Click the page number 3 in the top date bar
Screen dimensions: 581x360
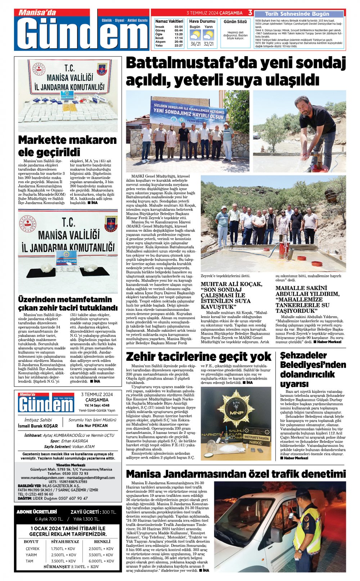click(250, 13)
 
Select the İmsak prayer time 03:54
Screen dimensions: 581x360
click(179, 27)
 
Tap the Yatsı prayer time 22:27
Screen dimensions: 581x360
click(179, 46)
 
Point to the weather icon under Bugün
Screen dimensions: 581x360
click(195, 35)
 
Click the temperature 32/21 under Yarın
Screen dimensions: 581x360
click(208, 44)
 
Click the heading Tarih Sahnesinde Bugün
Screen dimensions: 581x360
click(297, 14)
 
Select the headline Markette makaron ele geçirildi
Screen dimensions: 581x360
click(67, 145)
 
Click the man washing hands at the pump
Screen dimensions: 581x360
click(315, 126)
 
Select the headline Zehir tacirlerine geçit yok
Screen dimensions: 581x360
click(198, 357)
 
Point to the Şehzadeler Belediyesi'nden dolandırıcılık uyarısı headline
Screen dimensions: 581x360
click(313, 369)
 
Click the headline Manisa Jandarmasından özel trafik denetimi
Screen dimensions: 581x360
click(235, 473)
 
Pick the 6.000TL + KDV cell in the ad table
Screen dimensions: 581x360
click(101, 561)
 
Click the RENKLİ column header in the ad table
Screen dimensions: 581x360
click(102, 541)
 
